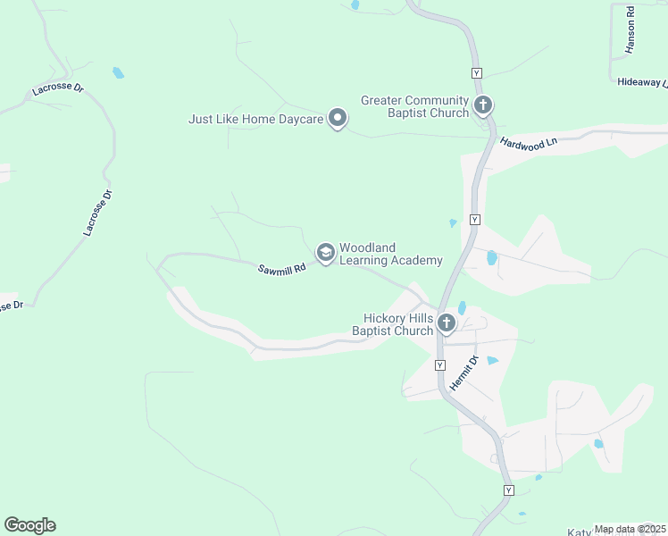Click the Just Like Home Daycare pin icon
coord(338,118)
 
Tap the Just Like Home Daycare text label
coord(256,119)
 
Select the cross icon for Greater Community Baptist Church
coord(482,106)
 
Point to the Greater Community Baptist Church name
coord(414,106)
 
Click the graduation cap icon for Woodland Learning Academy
coord(325,254)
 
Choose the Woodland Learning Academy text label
coord(390,254)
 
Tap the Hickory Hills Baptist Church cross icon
coord(446,324)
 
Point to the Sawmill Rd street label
coord(282,268)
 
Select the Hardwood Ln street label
coord(528,142)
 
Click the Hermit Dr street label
coord(463,373)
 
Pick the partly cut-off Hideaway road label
coord(642,81)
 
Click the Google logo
coord(29,525)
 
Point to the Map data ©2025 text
coord(630,529)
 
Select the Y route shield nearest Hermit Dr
coord(440,365)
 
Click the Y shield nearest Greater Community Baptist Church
coord(477,72)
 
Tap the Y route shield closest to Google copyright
coord(508,490)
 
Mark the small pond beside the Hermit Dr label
coord(492,361)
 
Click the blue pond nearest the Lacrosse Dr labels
coord(118,72)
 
